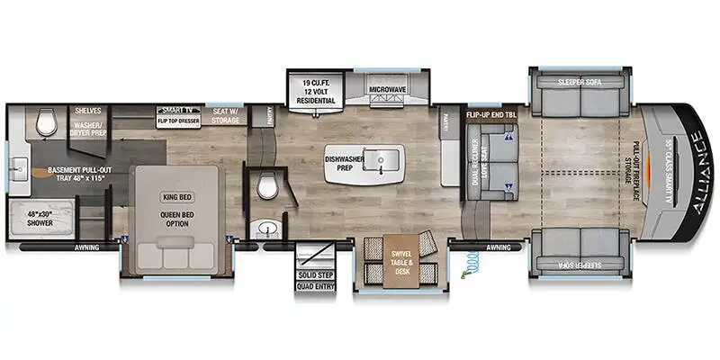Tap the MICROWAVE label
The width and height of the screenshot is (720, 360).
(389, 91)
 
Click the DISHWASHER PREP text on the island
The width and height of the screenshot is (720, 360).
(342, 165)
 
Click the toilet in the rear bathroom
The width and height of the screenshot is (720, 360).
(48, 123)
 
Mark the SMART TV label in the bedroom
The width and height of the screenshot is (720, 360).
(177, 106)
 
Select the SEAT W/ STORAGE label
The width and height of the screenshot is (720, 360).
(225, 115)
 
